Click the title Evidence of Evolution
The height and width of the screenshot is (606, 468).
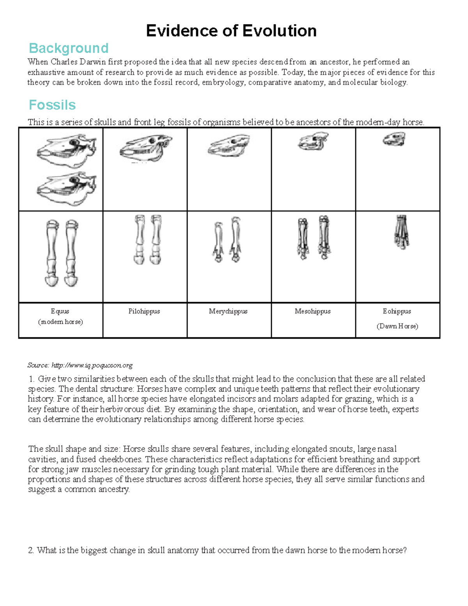[231, 31]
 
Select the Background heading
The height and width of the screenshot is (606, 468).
[69, 48]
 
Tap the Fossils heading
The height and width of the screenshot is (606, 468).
[52, 105]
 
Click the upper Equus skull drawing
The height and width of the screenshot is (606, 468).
[66, 151]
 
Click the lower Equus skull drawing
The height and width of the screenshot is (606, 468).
[66, 188]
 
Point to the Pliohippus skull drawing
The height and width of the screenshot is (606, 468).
[146, 149]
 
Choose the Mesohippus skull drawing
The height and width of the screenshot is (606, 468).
[313, 141]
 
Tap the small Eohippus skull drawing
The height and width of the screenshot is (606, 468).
[394, 139]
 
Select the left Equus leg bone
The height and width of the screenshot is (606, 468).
[52, 254]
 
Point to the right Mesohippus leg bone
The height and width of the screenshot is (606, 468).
[324, 237]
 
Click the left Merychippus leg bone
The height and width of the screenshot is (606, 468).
[218, 242]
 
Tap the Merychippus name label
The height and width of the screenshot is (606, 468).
[228, 311]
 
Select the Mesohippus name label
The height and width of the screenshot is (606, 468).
[313, 311]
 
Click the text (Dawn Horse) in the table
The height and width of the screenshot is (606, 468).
[397, 326]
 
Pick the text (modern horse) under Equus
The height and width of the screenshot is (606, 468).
[60, 322]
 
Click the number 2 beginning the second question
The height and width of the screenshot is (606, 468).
[31, 551]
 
